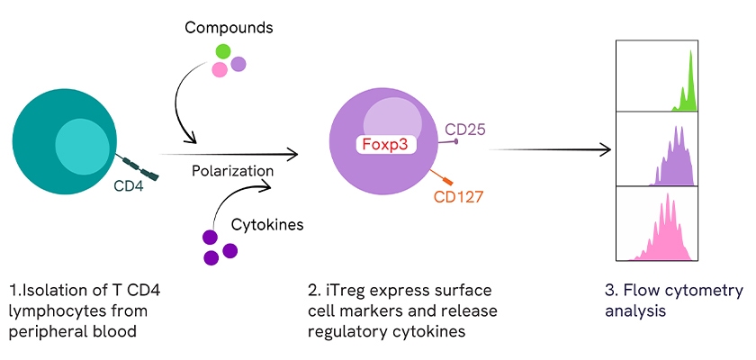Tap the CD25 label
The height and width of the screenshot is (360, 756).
[465, 130]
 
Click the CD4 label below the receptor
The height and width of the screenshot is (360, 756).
[129, 187]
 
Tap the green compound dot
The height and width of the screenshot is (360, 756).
[221, 51]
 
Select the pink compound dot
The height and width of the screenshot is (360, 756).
[219, 70]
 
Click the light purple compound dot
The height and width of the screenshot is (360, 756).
[238, 64]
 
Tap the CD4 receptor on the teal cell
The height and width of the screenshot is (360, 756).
[140, 166]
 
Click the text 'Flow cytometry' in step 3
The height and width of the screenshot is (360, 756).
[687, 291]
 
